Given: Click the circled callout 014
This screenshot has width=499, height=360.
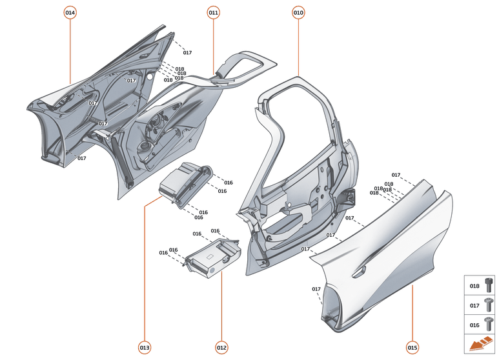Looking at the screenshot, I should point(70,12).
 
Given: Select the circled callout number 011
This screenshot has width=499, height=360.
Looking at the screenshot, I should point(214,12).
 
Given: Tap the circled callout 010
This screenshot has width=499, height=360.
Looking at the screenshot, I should point(298,12).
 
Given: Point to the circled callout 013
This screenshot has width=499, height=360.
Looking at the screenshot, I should point(145,348).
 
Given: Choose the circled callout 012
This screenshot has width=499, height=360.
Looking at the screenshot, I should point(221,348).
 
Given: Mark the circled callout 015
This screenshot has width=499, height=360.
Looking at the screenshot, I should point(412,348).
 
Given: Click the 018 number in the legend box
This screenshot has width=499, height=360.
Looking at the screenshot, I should point(474,286).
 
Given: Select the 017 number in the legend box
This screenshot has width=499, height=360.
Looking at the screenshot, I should point(474,305).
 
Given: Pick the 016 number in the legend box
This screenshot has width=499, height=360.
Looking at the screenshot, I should point(474,325).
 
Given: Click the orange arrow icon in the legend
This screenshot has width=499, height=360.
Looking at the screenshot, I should point(480,344).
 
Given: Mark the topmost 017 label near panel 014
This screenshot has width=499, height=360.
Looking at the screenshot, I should point(187,52).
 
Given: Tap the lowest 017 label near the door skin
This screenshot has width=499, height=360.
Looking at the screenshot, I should point(316,289).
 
